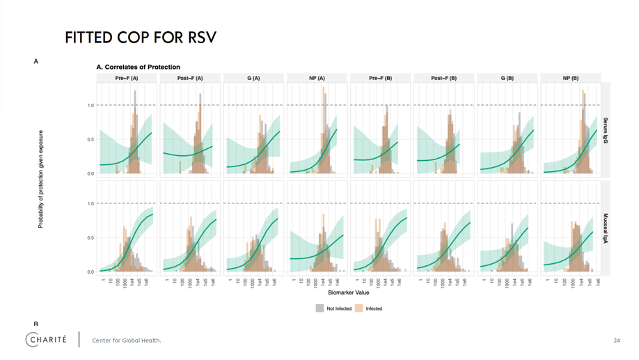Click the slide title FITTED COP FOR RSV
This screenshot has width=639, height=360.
141,37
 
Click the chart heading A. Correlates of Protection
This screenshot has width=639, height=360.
138,67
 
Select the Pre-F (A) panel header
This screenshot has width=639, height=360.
127,78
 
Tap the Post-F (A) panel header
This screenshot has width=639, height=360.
190,78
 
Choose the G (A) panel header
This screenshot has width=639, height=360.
253,78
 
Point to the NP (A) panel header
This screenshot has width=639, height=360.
317,78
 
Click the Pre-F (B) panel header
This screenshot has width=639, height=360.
380,78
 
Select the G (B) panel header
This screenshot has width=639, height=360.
507,78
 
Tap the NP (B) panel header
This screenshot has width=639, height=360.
570,78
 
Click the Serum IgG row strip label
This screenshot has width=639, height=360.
606,130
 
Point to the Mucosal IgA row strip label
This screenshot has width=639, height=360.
606,228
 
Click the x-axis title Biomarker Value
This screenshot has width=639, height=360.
349,293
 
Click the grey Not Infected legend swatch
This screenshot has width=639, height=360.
319,308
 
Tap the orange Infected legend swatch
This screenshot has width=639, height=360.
359,308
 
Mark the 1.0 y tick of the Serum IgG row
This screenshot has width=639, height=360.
90,106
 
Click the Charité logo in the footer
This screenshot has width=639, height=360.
47,340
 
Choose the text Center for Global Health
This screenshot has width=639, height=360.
127,341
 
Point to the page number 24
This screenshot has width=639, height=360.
617,341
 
